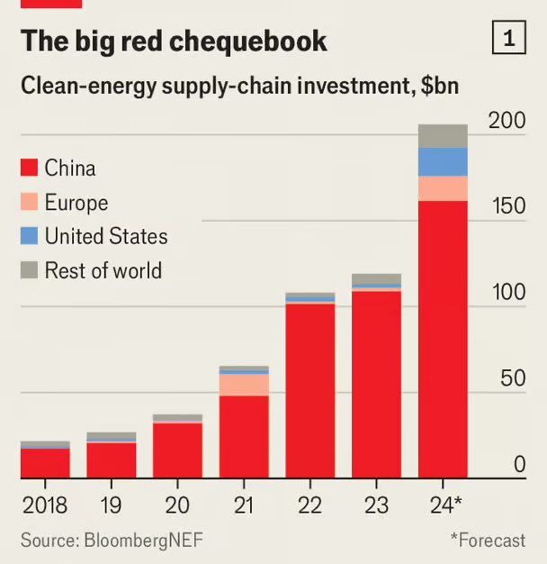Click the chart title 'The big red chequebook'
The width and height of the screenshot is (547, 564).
coord(174,41)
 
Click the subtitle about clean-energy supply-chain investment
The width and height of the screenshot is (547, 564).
coord(240,86)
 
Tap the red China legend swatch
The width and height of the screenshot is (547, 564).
coord(29,168)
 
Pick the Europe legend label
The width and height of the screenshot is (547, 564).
coord(76,202)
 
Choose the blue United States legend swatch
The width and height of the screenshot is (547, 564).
coord(29,236)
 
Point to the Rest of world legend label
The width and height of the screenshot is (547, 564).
coord(103,270)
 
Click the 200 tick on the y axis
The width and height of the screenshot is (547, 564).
coord(506,121)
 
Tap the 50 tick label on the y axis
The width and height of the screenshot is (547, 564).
coord(512,378)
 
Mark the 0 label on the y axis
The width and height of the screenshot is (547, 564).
coord(519,465)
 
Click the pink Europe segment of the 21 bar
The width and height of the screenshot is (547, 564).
coord(244,385)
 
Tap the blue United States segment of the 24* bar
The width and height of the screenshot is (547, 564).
coord(443,162)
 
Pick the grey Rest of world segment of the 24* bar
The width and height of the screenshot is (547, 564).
coord(443,136)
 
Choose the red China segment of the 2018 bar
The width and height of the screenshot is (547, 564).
coord(45,463)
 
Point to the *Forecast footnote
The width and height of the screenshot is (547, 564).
coord(487,540)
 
